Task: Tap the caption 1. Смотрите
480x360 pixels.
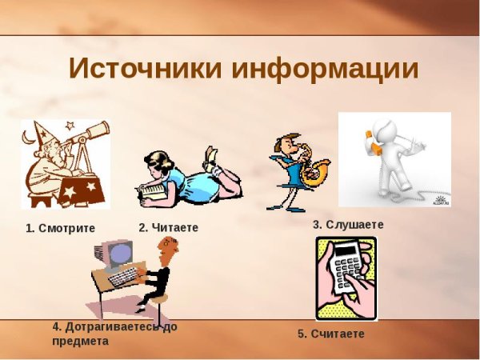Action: [60, 228]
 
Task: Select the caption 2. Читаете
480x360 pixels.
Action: [168, 227]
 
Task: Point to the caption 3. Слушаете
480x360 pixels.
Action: [348, 225]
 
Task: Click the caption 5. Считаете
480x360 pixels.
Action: [331, 334]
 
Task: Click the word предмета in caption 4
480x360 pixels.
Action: [80, 341]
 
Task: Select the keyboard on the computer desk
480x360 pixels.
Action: [124, 277]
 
